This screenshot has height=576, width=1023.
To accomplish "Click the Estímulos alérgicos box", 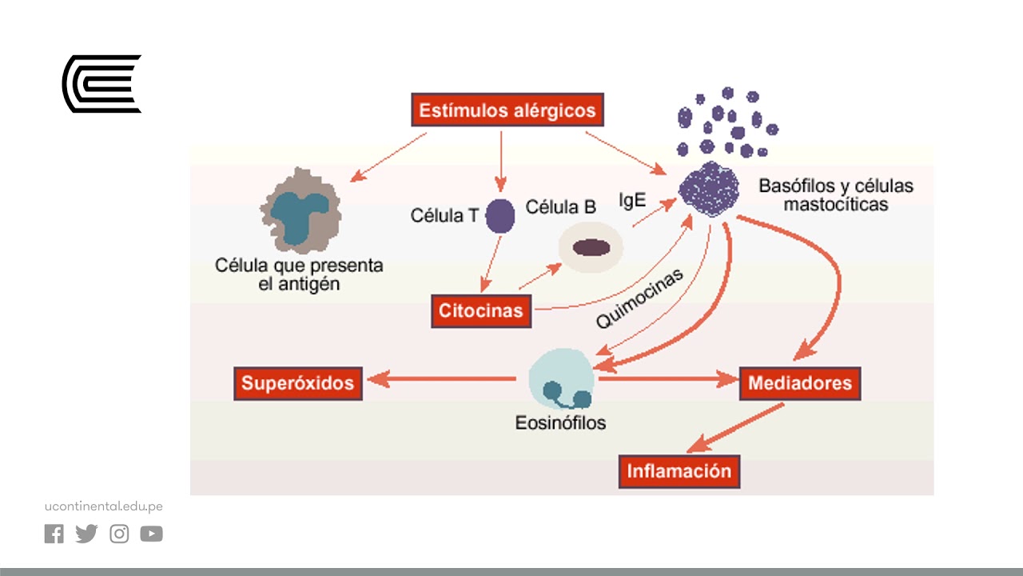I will pos(508,110).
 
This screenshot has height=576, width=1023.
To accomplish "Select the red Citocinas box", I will pos(481,310).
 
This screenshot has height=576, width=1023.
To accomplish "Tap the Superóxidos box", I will pos(297,383).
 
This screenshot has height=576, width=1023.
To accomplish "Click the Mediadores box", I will pos(799,383).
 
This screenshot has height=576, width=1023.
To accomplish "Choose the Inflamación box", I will pos(679,470).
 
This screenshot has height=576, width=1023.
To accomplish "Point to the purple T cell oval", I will pos(500,215).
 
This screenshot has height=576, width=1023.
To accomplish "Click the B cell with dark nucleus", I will pos(591,247).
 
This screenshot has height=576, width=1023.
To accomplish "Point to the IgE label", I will pos(632,200).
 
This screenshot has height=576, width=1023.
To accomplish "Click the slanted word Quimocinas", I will pos(639,299).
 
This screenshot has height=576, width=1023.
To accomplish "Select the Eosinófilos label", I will pos(560,422).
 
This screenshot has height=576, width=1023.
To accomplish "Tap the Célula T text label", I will pos(444,216).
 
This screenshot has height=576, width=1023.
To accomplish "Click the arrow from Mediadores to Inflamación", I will pos(735,428).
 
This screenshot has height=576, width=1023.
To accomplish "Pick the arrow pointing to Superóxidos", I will pos(440,379).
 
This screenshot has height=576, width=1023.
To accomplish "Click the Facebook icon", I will pos(54,534).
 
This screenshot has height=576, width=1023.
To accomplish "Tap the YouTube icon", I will pos(151,534).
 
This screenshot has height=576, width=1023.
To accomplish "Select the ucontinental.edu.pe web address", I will pos(104,506).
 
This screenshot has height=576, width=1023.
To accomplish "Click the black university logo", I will pos(102,83).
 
